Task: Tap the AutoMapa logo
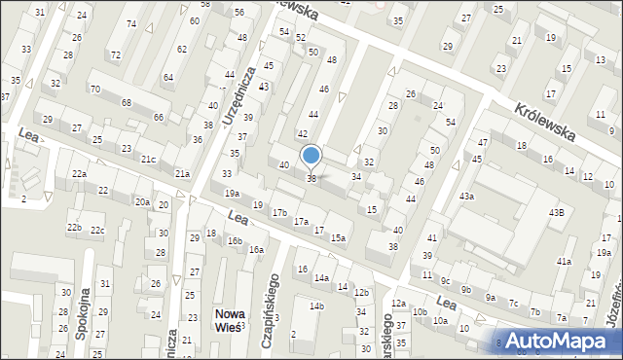[559, 340]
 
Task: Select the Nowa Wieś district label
[230, 320]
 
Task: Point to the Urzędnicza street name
[240, 98]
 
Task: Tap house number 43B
[556, 212]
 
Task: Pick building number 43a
[467, 197]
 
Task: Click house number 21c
[148, 159]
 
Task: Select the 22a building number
[79, 173]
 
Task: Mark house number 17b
[279, 212]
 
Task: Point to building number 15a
[338, 237]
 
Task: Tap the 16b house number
[234, 240]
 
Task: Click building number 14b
[316, 306]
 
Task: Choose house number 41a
[563, 261]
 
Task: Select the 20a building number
[142, 201]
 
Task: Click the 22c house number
[97, 230]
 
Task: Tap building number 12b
[361, 292]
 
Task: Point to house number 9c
[445, 280]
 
